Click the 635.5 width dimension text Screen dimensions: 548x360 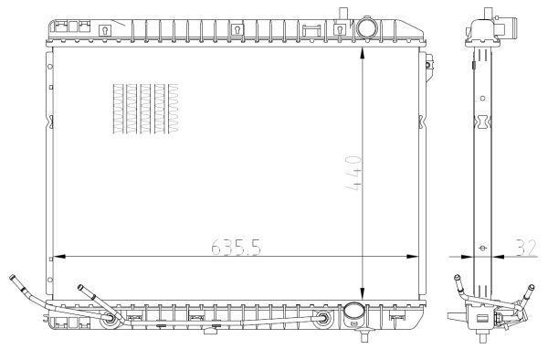(237, 247)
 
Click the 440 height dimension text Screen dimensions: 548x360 (353, 174)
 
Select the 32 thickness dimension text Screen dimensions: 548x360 (526, 248)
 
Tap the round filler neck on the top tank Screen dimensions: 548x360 (366, 26)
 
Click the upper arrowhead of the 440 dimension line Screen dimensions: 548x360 (362, 53)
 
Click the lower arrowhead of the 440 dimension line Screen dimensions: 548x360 (362, 293)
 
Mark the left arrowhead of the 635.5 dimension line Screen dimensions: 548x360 (59, 257)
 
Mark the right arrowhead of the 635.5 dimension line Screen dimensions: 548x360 (413, 257)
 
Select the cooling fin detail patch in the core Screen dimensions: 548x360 (146, 109)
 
